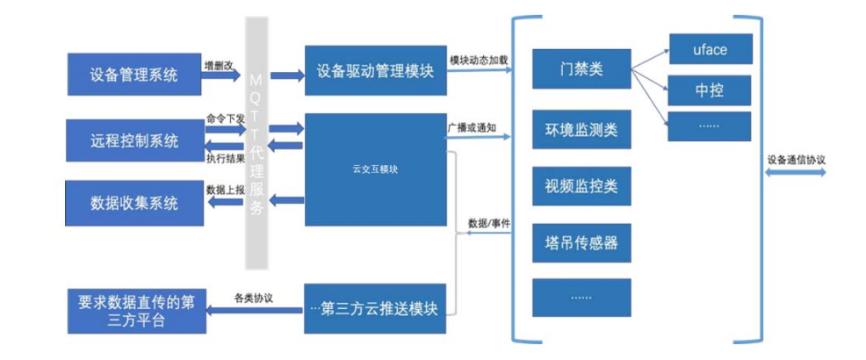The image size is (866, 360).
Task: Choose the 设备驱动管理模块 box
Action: click(375, 70)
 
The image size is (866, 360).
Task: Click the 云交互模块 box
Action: click(375, 169)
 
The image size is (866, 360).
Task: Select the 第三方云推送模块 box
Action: click(375, 308)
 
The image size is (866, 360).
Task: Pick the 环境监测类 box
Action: click(581, 130)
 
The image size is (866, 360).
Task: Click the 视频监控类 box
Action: click(581, 186)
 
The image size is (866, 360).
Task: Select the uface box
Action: click(710, 49)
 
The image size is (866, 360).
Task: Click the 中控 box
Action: click(710, 90)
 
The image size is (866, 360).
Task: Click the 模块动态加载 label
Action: click(479, 60)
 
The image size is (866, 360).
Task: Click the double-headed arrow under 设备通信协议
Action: click(796, 174)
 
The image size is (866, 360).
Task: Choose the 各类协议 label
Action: click(253, 299)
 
